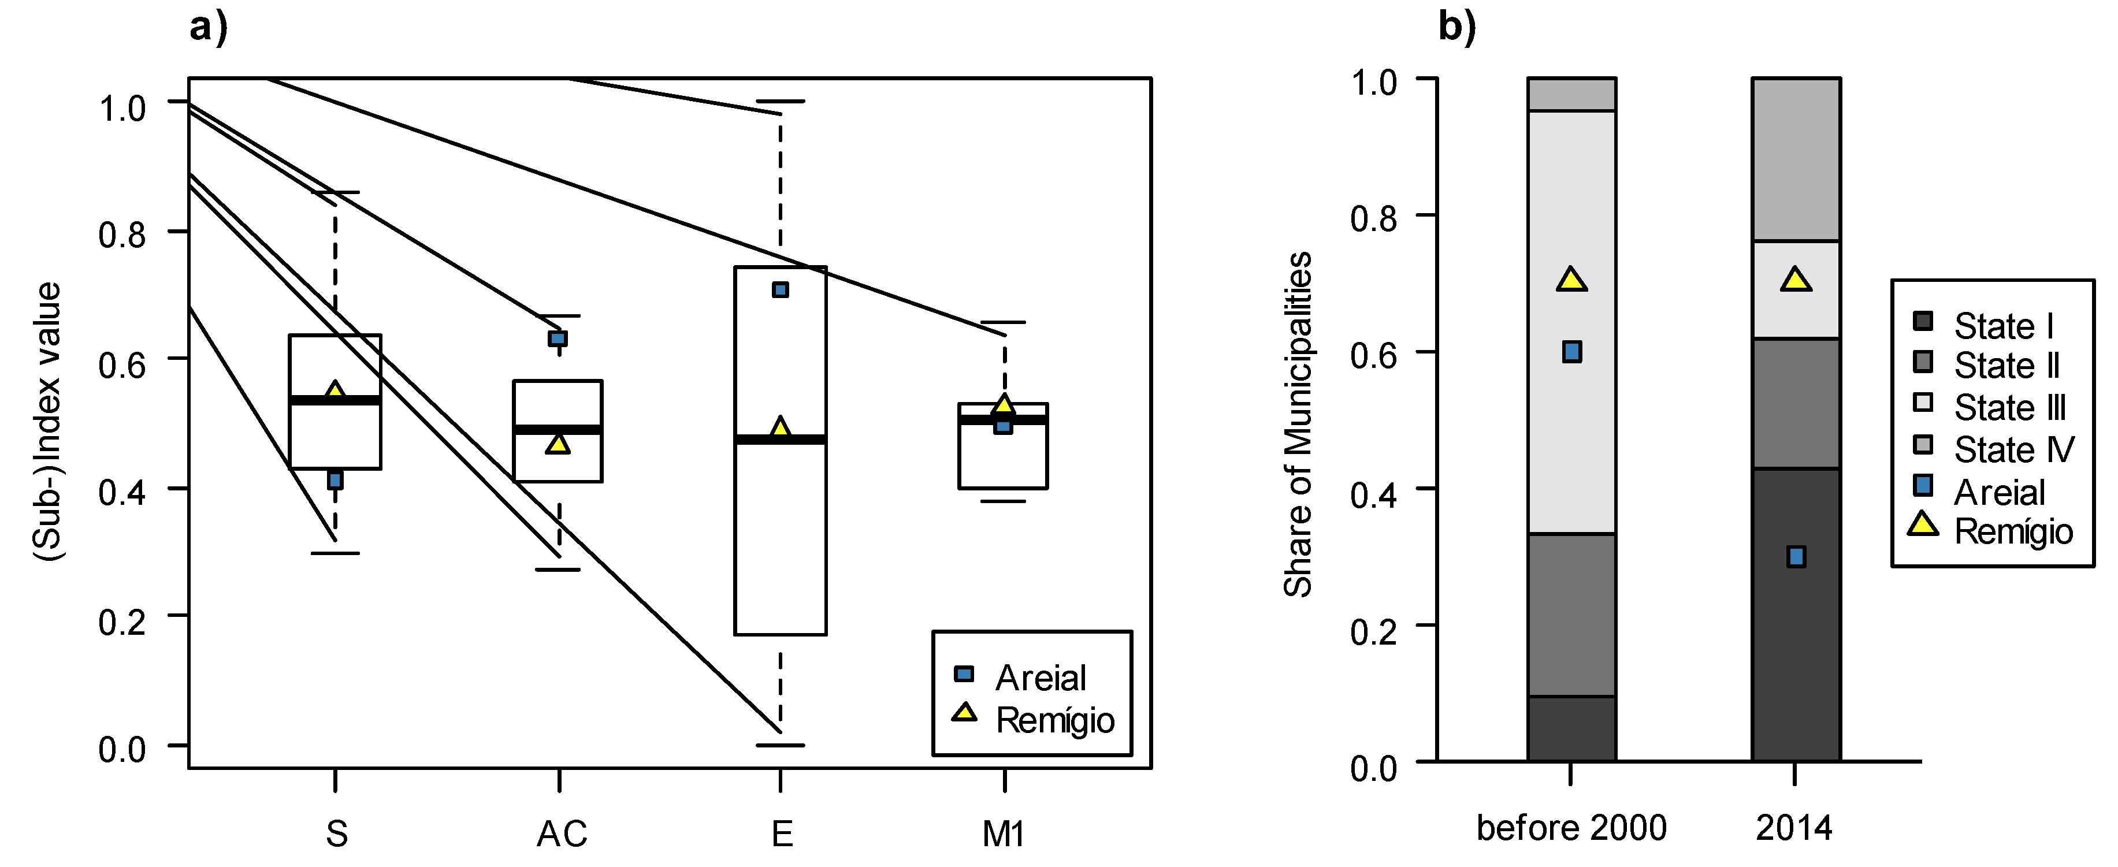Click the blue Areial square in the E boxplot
pos(781,290)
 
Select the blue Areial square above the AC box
pos(558,338)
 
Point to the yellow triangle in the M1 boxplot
pos(1003,405)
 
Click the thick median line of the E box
pos(781,440)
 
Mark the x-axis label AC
pos(562,834)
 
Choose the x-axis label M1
pos(1003,834)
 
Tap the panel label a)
pos(208,28)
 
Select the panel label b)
pos(1457,28)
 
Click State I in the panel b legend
pos(2003,326)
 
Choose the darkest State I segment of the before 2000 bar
pos(1571,728)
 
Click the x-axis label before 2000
pos(1571,828)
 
